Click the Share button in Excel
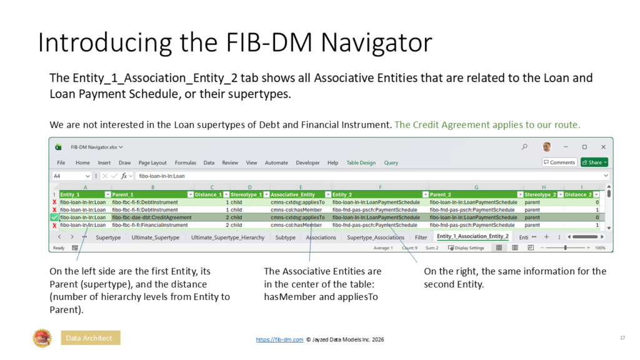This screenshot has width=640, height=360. click(594, 162)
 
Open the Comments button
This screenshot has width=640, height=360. click(559, 162)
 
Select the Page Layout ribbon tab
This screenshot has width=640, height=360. click(152, 162)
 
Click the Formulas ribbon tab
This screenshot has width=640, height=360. click(185, 162)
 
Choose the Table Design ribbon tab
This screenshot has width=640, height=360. click(361, 162)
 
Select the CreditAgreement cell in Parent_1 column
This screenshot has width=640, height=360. click(152, 217)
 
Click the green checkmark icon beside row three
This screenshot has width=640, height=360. click(54, 217)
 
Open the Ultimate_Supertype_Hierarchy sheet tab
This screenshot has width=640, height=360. click(227, 237)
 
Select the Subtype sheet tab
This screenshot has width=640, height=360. click(285, 237)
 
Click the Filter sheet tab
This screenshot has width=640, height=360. click(421, 237)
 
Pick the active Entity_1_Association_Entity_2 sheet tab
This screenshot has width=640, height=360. click(472, 237)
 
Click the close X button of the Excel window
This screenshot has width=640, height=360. click(603, 147)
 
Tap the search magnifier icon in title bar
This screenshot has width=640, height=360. click(524, 147)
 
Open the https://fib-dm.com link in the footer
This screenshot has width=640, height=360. click(279, 339)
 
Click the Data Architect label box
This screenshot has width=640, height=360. click(90, 338)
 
